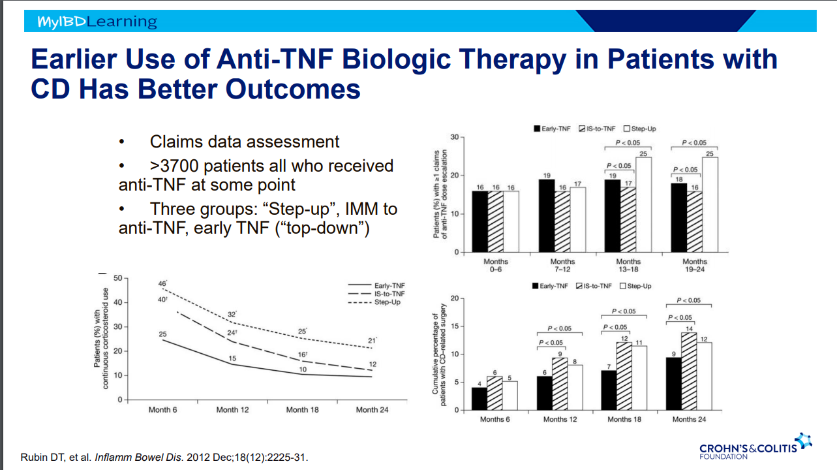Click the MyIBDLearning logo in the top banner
click(97, 22)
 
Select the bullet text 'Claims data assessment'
click(245, 142)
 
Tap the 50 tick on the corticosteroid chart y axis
click(118, 278)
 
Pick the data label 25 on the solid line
click(162, 334)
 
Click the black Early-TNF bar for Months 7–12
click(546, 215)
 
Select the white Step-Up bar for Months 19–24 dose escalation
click(710, 204)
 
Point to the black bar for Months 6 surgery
click(479, 398)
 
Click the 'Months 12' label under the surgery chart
click(560, 419)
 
